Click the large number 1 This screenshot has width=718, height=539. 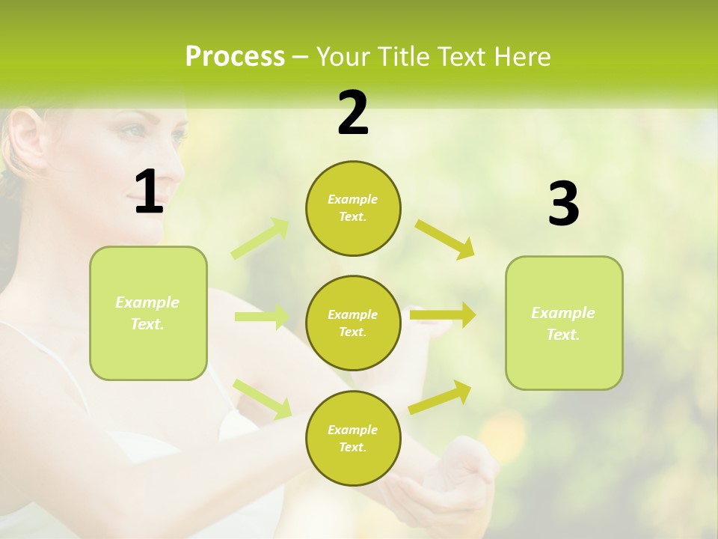click(148, 192)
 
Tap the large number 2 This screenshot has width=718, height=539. click(353, 113)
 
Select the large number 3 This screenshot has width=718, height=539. click(563, 204)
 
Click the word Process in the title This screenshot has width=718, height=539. click(235, 57)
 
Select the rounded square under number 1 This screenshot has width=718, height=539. click(148, 313)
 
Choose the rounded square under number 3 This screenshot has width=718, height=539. click(564, 323)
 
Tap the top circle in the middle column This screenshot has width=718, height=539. click(353, 208)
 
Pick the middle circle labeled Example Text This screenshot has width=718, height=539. click(353, 323)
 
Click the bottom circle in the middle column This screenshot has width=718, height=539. click(353, 438)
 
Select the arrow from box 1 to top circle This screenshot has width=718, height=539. click(261, 238)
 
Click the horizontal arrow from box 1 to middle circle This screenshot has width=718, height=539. click(262, 317)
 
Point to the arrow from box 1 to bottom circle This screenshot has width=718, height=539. click(263, 398)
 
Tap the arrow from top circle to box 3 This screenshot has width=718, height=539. click(445, 239)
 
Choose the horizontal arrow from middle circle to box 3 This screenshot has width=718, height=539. click(443, 315)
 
